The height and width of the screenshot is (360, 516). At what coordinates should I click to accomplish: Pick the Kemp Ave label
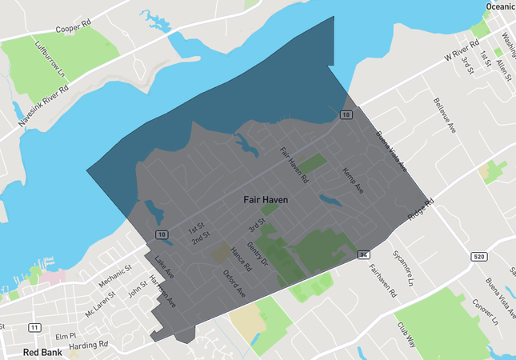(353, 182)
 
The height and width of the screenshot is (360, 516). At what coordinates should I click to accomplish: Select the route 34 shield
(364, 254)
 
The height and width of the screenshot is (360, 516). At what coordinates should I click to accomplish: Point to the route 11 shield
(34, 327)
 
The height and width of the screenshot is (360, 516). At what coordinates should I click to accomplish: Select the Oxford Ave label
(234, 283)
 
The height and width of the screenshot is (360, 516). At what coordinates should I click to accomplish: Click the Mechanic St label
(115, 278)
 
